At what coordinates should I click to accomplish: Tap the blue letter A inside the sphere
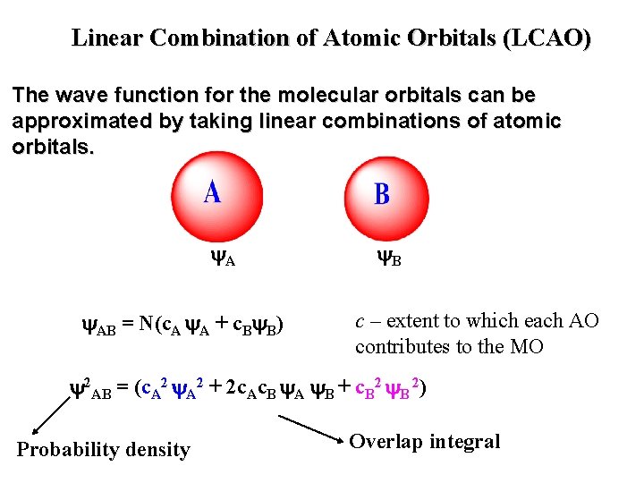pos(212,191)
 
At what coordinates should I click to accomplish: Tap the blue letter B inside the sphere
pos(382,194)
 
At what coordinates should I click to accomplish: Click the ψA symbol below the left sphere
pos(223,259)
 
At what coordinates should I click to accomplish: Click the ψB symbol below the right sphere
pos(387,259)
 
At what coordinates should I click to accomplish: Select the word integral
pos(467,441)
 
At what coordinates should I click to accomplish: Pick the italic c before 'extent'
pos(360,321)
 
